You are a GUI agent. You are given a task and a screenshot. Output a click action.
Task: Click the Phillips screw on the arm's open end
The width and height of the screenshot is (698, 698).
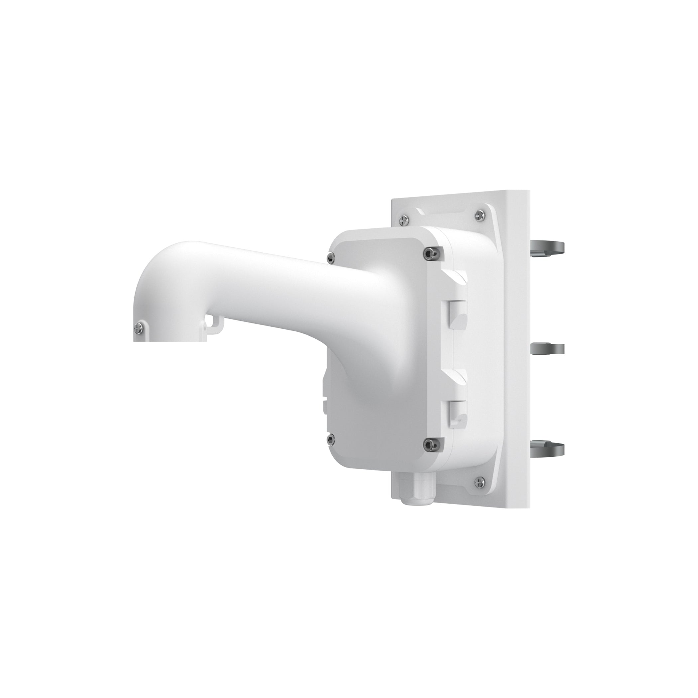coord(138,328)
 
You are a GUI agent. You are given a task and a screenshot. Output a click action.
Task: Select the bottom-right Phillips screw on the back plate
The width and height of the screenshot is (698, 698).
coord(480,481)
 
